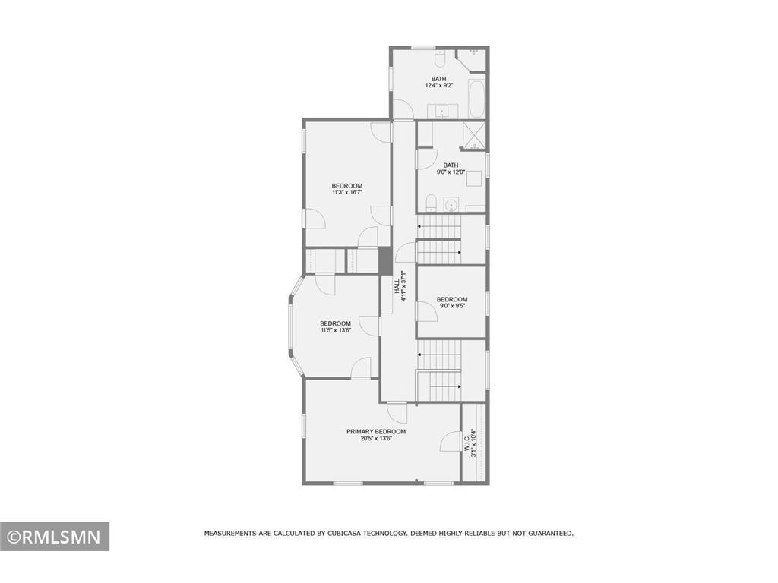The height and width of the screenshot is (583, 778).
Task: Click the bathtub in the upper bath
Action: tap(476, 99)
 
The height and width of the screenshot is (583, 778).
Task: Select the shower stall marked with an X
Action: tap(475, 136)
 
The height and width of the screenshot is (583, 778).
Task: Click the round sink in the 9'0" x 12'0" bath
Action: tap(451, 205)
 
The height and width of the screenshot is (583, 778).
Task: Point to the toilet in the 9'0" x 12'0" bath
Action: tap(431, 203)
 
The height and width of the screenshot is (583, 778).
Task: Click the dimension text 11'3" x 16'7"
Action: tap(347, 193)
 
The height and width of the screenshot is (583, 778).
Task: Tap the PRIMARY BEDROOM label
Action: tap(376, 431)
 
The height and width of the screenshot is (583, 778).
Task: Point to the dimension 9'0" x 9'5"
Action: tap(451, 307)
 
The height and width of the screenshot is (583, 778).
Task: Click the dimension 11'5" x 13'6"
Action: tap(335, 330)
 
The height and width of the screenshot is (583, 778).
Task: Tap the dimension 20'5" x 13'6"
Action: tap(376, 439)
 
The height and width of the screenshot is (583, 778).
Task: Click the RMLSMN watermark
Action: tap(54, 537)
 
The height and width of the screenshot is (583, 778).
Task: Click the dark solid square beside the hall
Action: tap(385, 261)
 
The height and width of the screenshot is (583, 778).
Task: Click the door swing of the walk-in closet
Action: tap(451, 443)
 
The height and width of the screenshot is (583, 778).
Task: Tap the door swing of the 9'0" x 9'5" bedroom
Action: tap(426, 310)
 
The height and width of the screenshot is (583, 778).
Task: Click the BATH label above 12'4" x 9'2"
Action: tap(439, 79)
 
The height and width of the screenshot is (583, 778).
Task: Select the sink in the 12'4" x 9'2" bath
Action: tap(442, 112)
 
